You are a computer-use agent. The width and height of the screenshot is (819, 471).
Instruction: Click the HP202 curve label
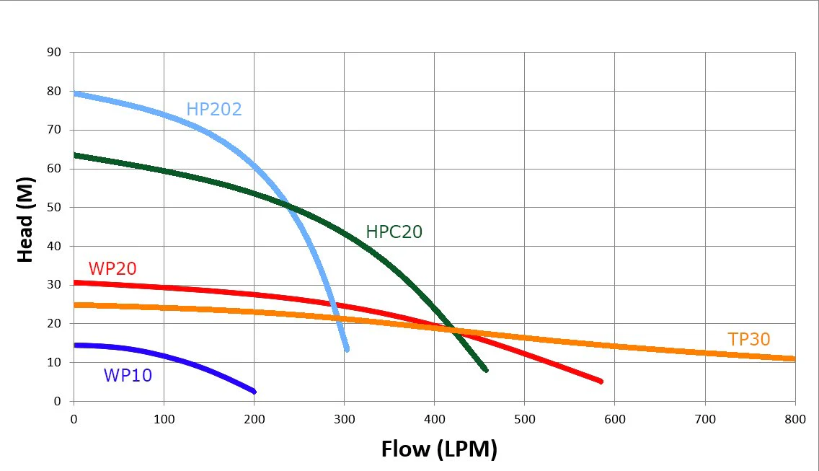click(214, 109)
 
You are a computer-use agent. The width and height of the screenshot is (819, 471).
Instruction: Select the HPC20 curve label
click(394, 232)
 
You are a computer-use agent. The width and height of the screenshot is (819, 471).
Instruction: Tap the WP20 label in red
click(112, 269)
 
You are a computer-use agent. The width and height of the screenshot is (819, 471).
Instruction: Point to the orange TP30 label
click(749, 339)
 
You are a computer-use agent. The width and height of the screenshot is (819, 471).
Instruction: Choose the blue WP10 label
click(128, 375)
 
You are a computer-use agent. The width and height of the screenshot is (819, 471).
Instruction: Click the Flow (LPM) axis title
click(439, 449)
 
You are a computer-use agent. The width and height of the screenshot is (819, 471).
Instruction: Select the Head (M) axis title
click(25, 220)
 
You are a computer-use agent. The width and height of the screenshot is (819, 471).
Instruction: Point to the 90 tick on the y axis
click(54, 52)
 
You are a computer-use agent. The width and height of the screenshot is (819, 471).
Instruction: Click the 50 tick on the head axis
click(54, 208)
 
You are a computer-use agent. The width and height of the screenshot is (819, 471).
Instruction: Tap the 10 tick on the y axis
click(54, 362)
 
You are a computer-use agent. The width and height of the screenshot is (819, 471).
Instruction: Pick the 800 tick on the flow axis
click(795, 419)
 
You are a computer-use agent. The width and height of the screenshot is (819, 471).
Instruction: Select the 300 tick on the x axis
click(344, 419)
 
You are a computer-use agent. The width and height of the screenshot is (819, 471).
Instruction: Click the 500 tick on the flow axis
click(524, 419)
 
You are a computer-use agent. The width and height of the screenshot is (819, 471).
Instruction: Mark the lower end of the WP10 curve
click(254, 392)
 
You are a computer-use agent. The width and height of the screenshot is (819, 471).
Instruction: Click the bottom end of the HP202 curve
click(347, 349)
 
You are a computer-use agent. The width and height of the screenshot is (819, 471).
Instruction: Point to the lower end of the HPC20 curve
click(486, 370)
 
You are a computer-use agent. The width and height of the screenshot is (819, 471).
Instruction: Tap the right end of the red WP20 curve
click(601, 382)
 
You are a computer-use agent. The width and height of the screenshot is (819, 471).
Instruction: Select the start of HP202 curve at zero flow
click(75, 94)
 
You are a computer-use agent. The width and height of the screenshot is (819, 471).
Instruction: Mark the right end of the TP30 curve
click(794, 358)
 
